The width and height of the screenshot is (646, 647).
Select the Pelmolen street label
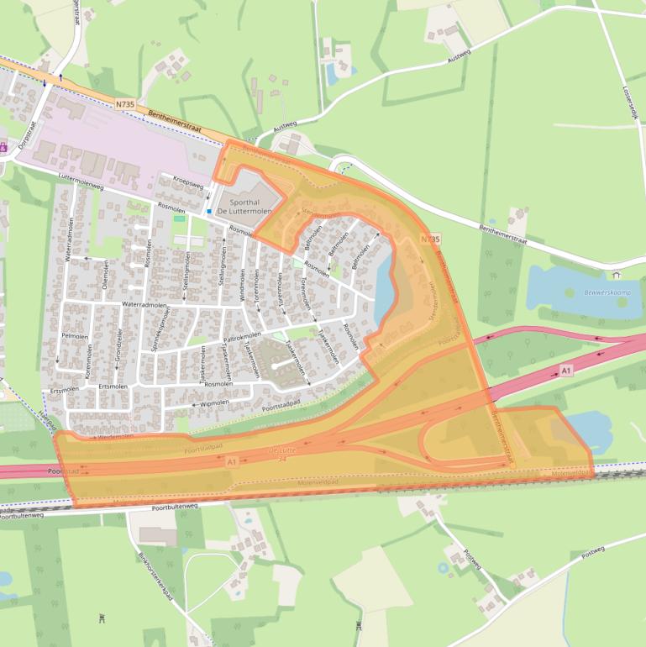click(x=75, y=335)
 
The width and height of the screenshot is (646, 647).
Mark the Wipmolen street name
click(x=215, y=402)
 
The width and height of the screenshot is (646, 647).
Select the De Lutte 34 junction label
click(x=282, y=455)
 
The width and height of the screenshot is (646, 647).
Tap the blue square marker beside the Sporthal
click(x=209, y=212)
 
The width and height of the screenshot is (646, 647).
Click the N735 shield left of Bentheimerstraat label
click(x=124, y=103)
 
